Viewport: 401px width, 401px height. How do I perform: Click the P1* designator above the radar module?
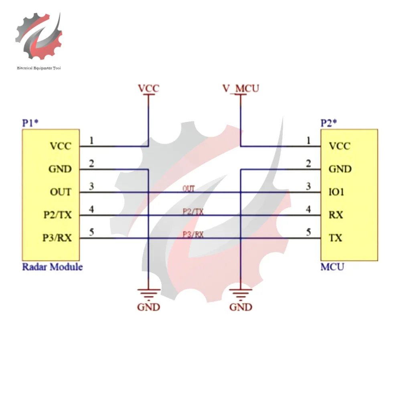[x=30, y=123]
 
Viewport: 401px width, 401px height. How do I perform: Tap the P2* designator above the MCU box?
[x=329, y=123]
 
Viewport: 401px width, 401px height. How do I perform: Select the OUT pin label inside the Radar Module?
[x=60, y=192]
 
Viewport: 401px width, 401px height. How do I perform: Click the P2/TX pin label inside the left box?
[x=57, y=215]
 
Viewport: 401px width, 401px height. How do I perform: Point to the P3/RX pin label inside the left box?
[x=57, y=238]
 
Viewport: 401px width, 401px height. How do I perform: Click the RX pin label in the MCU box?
[x=336, y=215]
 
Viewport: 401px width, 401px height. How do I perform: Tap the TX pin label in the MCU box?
[x=336, y=238]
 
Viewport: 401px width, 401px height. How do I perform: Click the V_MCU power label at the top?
[x=241, y=88]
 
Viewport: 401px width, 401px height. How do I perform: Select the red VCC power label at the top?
[x=148, y=88]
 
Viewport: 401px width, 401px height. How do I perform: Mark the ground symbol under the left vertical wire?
[x=148, y=295]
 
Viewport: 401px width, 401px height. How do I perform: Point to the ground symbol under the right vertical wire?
[x=241, y=295]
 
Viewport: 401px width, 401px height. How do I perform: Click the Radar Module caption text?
[x=52, y=267]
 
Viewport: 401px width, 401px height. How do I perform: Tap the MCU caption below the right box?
[x=332, y=267]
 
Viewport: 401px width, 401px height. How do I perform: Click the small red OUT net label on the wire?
[x=188, y=188]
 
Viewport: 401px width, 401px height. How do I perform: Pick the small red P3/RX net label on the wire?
[x=193, y=235]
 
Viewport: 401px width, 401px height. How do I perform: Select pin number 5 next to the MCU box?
[x=308, y=232]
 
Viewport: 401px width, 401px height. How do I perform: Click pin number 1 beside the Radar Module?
[x=92, y=140]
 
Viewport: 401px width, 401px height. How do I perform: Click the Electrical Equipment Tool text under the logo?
[x=39, y=68]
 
